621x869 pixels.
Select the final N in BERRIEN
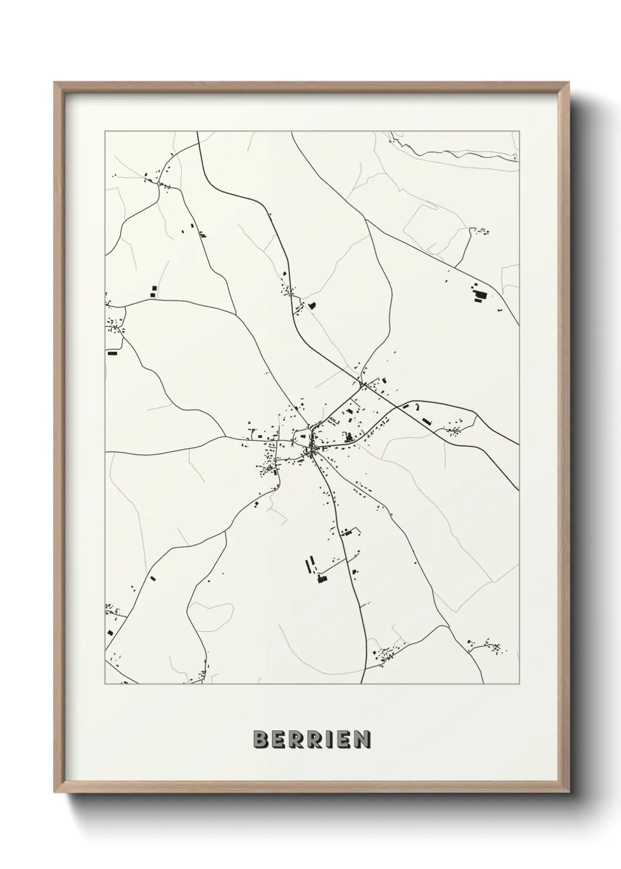pyautogui.click(x=363, y=739)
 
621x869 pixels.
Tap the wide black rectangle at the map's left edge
pyautogui.click(x=112, y=353)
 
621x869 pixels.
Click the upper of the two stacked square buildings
pyautogui.click(x=154, y=288)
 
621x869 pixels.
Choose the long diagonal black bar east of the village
pyautogui.click(x=427, y=421)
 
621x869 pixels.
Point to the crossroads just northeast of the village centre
pyautogui.click(x=362, y=385)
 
